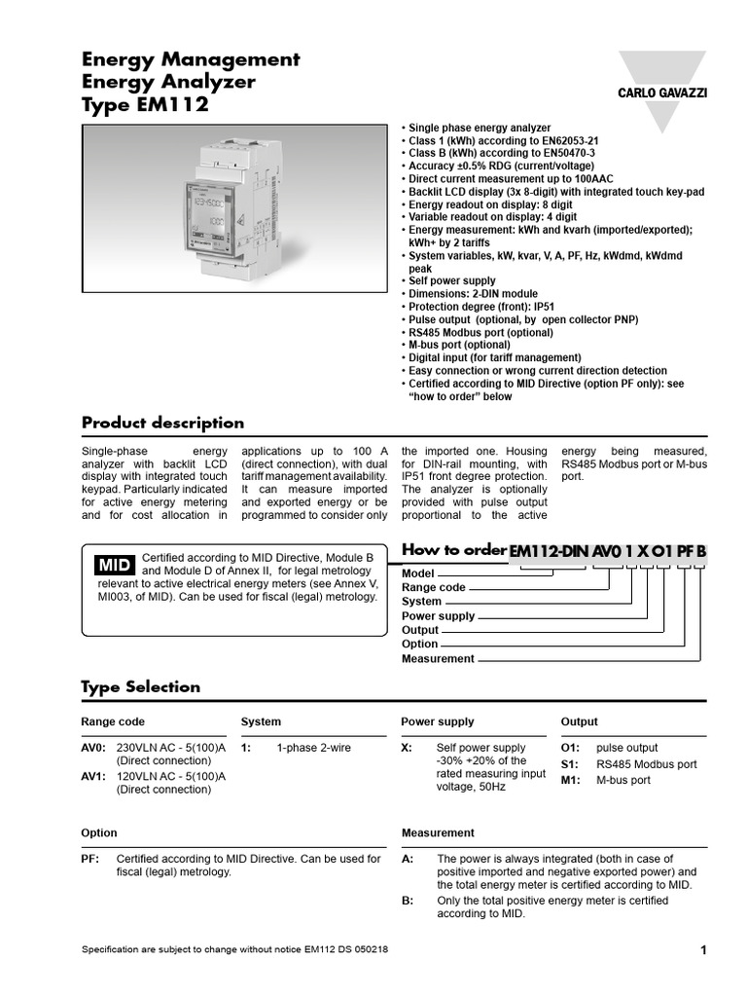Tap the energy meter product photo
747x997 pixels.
[x=233, y=209]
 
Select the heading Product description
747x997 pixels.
[x=162, y=423]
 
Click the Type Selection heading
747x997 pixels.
[x=140, y=686]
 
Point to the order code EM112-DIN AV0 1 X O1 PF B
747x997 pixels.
[x=608, y=551]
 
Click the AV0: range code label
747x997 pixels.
[x=93, y=747]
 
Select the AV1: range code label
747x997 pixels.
[x=93, y=776]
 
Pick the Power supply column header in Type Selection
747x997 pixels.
[x=438, y=721]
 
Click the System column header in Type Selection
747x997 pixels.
[x=261, y=721]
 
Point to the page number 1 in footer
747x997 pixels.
[x=702, y=950]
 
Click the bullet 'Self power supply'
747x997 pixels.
[x=451, y=280]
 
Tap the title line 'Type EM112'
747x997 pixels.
[x=145, y=105]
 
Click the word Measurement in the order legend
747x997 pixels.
[x=438, y=659]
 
